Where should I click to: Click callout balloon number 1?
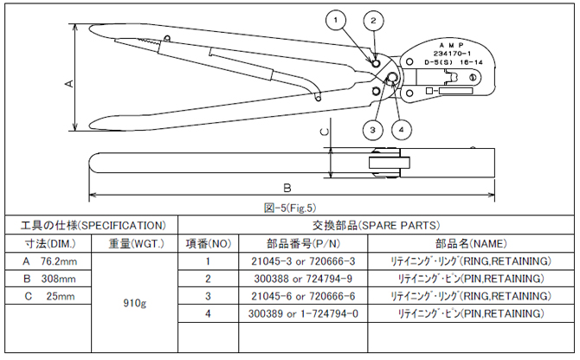coord(337,18)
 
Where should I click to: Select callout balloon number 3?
coord(372,129)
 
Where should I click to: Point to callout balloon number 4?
coord(400,130)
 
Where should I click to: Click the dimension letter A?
coord(69,83)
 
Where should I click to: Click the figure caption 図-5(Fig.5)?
coord(290,207)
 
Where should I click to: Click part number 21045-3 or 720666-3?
coord(291,260)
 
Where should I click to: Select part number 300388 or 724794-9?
coord(291,279)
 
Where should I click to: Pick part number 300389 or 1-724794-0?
coord(291,315)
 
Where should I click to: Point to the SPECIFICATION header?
coord(89,224)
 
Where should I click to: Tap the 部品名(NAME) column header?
coord(467,242)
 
